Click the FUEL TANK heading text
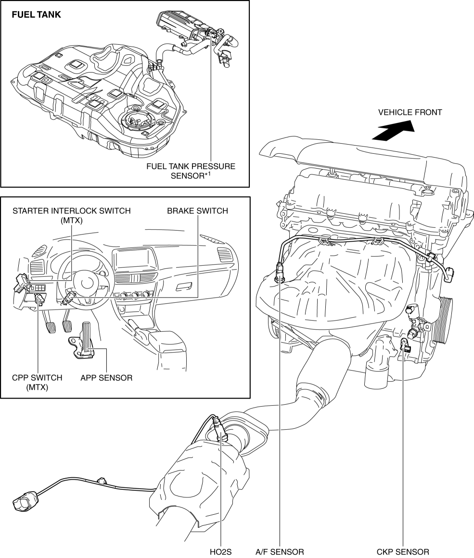(x=37, y=14)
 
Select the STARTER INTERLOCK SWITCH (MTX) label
(x=72, y=215)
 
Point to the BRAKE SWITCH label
(x=197, y=211)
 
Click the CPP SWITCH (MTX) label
(x=37, y=382)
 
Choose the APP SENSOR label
(x=106, y=378)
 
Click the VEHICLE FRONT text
(x=410, y=112)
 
